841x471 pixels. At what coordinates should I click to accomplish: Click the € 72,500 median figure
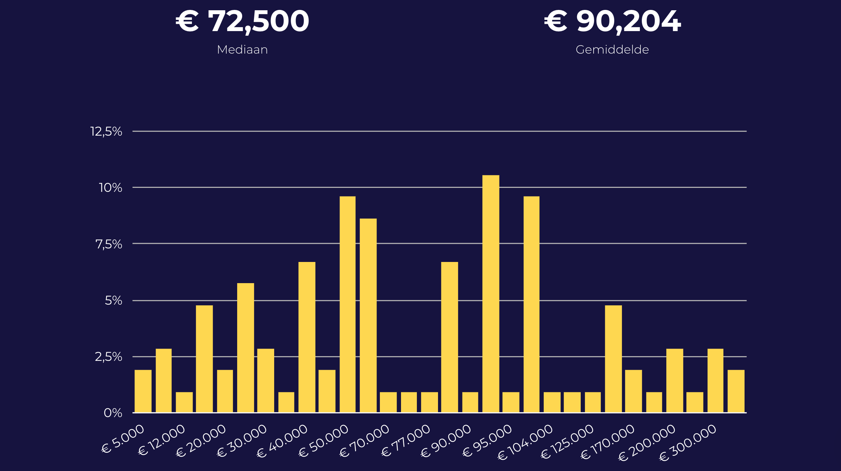click(242, 21)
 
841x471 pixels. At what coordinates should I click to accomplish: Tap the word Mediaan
click(242, 50)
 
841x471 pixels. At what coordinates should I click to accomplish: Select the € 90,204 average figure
click(612, 21)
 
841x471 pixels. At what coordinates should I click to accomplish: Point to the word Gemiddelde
click(612, 50)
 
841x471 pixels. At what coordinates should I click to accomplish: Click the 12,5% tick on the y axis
click(106, 132)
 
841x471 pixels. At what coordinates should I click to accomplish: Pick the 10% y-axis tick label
click(110, 188)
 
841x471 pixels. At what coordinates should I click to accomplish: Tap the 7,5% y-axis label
click(108, 244)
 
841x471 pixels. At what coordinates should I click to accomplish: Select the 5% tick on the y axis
click(113, 301)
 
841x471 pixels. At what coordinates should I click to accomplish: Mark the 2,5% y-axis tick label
click(108, 357)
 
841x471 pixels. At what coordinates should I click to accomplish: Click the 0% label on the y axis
click(113, 413)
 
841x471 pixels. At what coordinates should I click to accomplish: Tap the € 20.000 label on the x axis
click(201, 441)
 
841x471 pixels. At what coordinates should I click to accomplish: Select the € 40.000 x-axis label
click(282, 441)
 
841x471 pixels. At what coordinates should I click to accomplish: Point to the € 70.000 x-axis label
click(365, 441)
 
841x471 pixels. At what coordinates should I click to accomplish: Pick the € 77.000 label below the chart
click(406, 441)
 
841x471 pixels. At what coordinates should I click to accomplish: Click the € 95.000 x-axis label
click(488, 441)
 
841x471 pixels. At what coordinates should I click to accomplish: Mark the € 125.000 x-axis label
click(567, 442)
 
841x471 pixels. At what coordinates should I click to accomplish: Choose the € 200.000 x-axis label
click(647, 442)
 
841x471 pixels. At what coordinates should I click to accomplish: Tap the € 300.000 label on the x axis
click(688, 442)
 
